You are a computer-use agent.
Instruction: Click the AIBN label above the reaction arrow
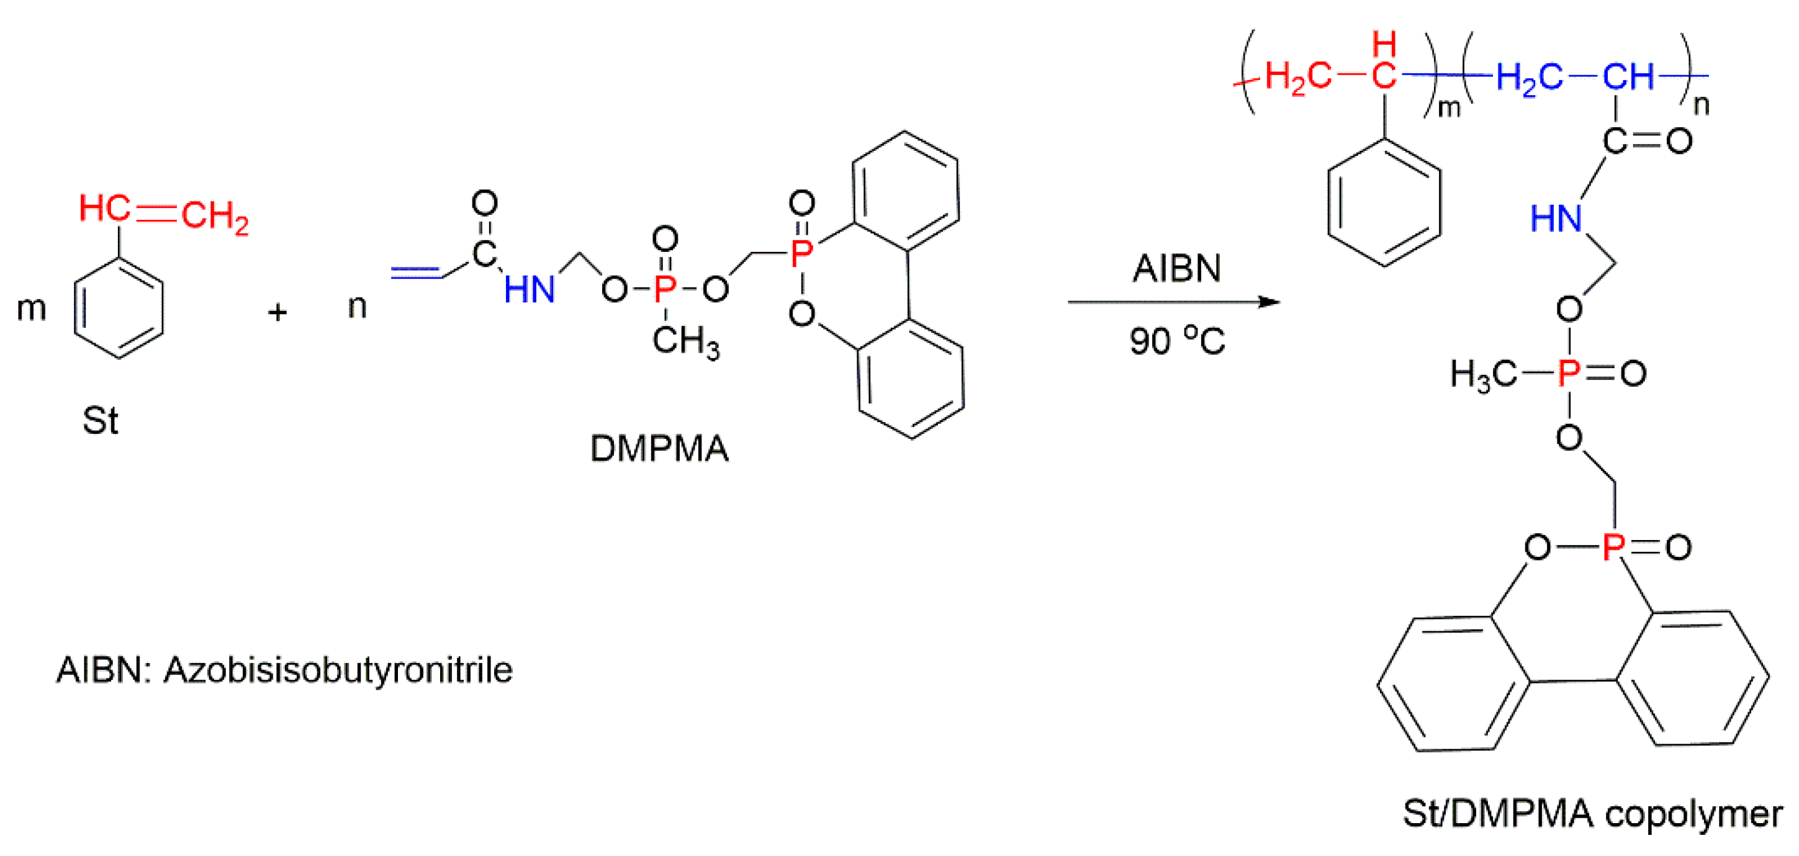click(1177, 268)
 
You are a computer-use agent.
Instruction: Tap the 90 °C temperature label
click(1177, 341)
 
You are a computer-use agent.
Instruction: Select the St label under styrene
click(100, 420)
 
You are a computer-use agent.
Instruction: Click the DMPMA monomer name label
click(659, 448)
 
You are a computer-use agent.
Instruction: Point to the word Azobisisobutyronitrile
click(338, 670)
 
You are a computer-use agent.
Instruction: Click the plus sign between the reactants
click(277, 312)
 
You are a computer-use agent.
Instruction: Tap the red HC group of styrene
click(104, 208)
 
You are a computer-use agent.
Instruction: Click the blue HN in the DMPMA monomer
click(530, 289)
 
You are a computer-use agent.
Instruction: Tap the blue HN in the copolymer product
click(1556, 219)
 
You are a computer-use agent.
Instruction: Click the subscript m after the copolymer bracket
click(1448, 108)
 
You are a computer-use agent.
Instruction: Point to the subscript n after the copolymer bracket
click(1701, 106)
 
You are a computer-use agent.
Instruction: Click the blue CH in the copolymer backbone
click(1628, 77)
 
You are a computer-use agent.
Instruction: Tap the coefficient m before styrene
click(32, 308)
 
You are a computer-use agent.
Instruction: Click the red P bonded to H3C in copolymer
click(1569, 374)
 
